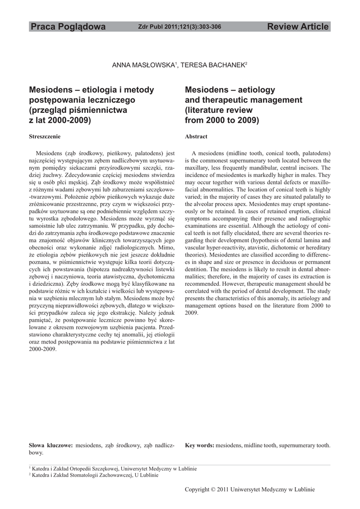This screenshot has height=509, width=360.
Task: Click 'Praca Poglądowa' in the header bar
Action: pos(68,27)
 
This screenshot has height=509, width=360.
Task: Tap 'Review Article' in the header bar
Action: pos(298,27)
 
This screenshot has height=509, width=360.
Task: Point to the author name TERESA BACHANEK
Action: pos(216,65)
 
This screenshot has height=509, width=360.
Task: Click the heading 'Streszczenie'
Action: pos(45,136)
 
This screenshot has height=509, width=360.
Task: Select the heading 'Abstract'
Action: pos(196,136)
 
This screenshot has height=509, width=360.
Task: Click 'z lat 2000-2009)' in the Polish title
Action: pos(60,120)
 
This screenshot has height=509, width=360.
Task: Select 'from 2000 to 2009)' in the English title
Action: pos(222,120)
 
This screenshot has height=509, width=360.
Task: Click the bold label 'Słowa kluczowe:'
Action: pos(51,445)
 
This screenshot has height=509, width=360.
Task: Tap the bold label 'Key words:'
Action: pos(199,445)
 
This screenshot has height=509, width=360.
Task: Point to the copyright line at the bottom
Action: pos(250,490)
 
